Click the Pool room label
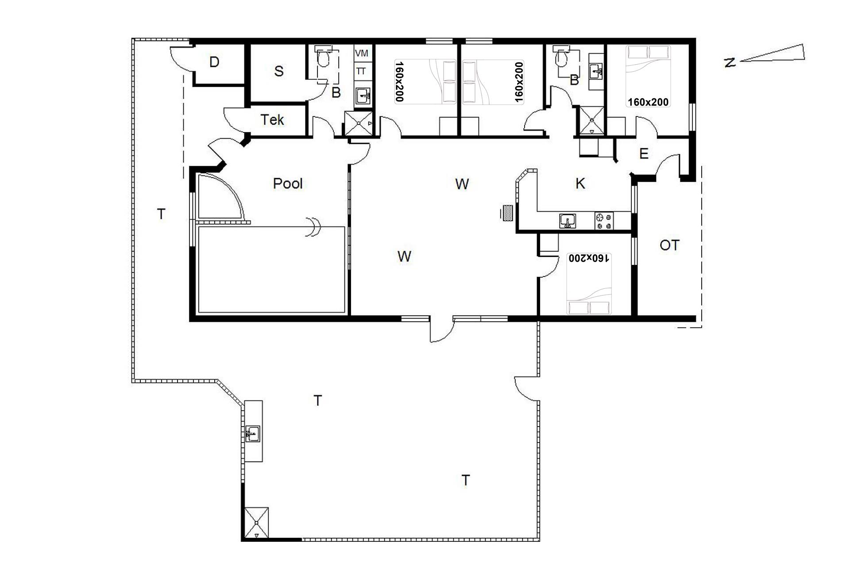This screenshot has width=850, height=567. [288, 183]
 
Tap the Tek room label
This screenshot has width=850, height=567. [272, 120]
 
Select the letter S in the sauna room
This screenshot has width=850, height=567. [278, 71]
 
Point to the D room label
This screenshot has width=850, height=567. [214, 62]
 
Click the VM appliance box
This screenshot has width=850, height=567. [362, 53]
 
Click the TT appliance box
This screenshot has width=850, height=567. [361, 71]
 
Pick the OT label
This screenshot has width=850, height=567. [669, 245]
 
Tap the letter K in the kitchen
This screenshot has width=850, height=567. [580, 183]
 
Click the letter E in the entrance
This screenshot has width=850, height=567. [644, 154]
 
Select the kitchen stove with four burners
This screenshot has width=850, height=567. [604, 221]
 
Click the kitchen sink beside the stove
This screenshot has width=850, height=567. [568, 221]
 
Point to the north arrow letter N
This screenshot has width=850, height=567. [730, 62]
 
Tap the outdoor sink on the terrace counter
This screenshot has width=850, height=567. [253, 434]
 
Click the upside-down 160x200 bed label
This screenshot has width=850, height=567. [590, 258]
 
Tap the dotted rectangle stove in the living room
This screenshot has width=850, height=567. [508, 213]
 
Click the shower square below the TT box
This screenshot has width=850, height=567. [359, 123]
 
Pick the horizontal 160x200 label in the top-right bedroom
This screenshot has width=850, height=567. [648, 102]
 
